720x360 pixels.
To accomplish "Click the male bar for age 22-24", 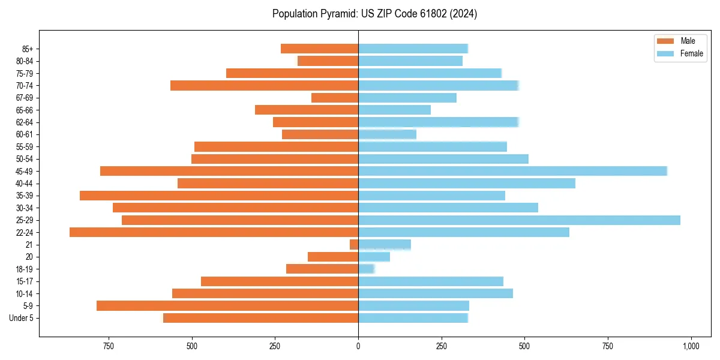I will (x=214, y=232).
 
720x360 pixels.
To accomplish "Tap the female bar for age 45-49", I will (x=512, y=171).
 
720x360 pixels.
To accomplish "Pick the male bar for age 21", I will (x=354, y=245).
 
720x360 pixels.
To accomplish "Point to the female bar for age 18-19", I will (x=366, y=269).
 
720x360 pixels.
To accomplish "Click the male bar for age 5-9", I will (x=227, y=306).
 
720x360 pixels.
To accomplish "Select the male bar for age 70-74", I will (x=264, y=86).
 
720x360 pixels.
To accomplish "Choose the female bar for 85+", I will (x=413, y=49).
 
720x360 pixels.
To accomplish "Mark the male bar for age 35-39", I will (x=219, y=196).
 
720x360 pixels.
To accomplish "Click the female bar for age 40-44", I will (x=466, y=184).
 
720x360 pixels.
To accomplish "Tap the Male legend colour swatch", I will (x=666, y=41).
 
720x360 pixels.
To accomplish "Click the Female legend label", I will (x=691, y=53).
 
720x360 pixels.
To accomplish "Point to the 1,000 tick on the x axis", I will (x=691, y=346).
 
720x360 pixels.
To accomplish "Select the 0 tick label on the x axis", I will (x=358, y=346).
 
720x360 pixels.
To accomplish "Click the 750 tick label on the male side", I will (x=109, y=346).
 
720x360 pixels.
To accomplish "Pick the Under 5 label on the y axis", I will (x=22, y=318).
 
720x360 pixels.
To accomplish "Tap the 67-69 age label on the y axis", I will (x=24, y=98).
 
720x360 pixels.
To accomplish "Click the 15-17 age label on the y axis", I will (x=24, y=281).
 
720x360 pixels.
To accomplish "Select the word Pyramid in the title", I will (x=339, y=14).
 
